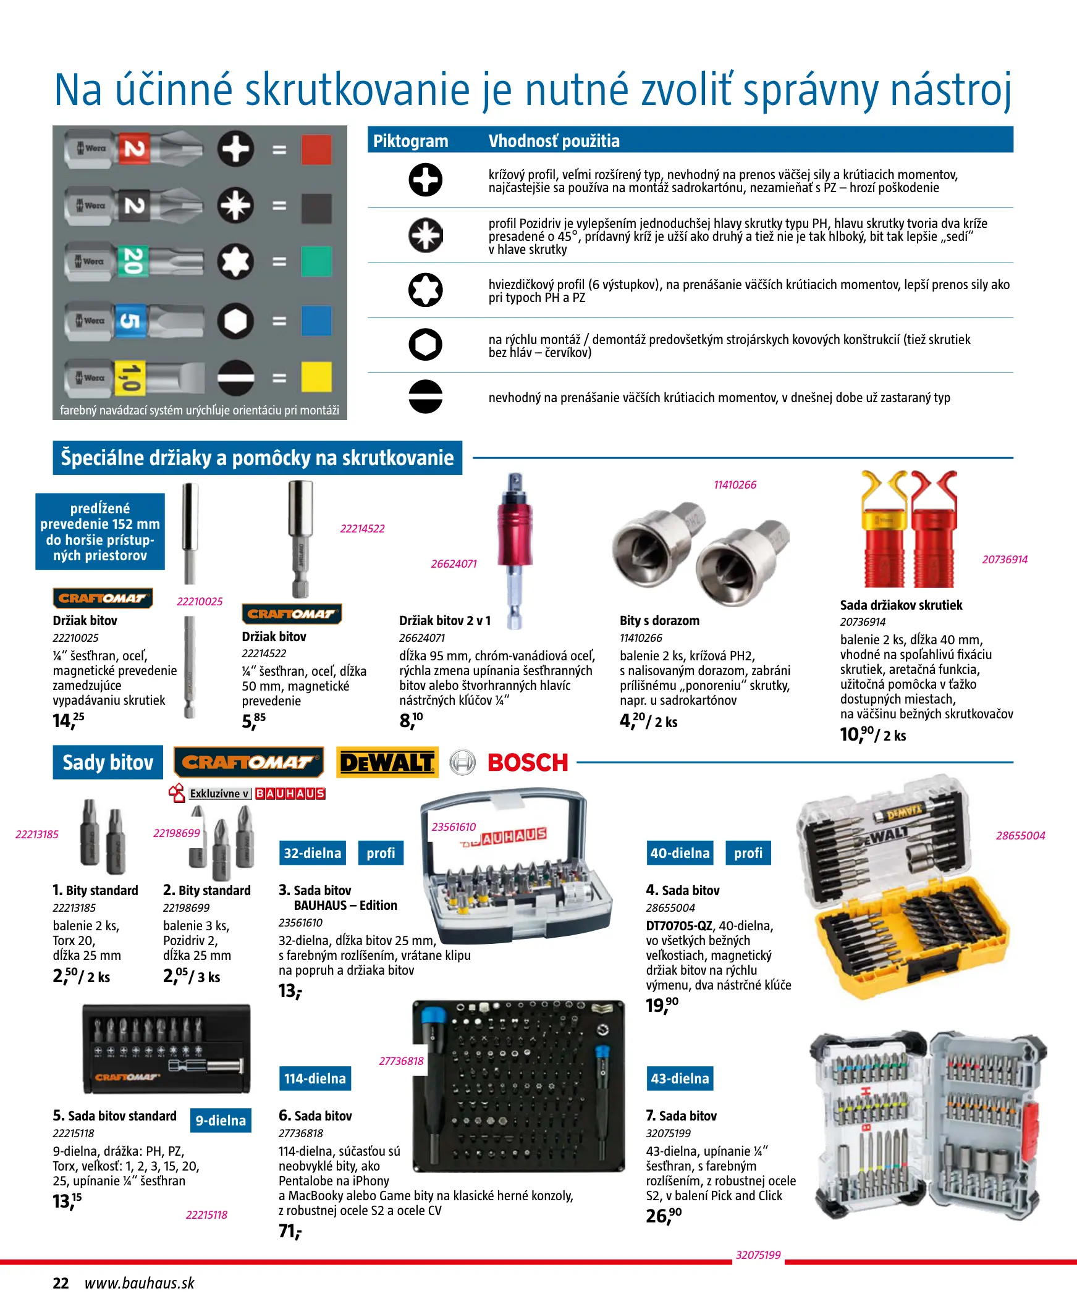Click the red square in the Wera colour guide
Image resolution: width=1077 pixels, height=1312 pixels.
(x=316, y=150)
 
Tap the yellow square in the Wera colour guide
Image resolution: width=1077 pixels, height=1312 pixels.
(x=316, y=377)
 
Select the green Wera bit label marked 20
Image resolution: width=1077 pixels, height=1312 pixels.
(x=132, y=261)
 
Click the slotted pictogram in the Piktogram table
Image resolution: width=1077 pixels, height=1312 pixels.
(x=426, y=397)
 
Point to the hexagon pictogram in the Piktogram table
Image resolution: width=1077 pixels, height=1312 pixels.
(x=426, y=345)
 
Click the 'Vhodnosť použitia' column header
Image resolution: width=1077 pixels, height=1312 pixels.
(x=554, y=141)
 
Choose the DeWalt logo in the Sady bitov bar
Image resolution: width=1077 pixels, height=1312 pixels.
(x=387, y=762)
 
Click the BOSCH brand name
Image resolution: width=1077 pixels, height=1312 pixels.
(x=527, y=763)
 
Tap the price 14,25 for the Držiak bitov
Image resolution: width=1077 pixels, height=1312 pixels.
(x=68, y=720)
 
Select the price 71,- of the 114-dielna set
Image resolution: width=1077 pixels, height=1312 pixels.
(x=290, y=1231)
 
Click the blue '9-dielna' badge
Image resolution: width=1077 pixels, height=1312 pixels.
(x=221, y=1120)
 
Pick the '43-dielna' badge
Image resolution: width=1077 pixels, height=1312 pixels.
(x=680, y=1079)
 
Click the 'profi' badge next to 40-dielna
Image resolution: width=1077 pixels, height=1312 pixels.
(x=748, y=852)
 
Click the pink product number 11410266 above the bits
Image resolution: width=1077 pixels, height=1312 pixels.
(x=735, y=485)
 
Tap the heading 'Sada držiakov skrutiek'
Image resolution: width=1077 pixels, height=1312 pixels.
(x=901, y=605)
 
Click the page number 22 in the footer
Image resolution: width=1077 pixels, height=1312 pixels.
(x=61, y=1283)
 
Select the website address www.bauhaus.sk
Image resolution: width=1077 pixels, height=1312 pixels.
(x=140, y=1283)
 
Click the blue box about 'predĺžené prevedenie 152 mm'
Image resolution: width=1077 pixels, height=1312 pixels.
(x=100, y=531)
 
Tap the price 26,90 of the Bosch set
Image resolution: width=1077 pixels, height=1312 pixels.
(x=663, y=1216)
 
